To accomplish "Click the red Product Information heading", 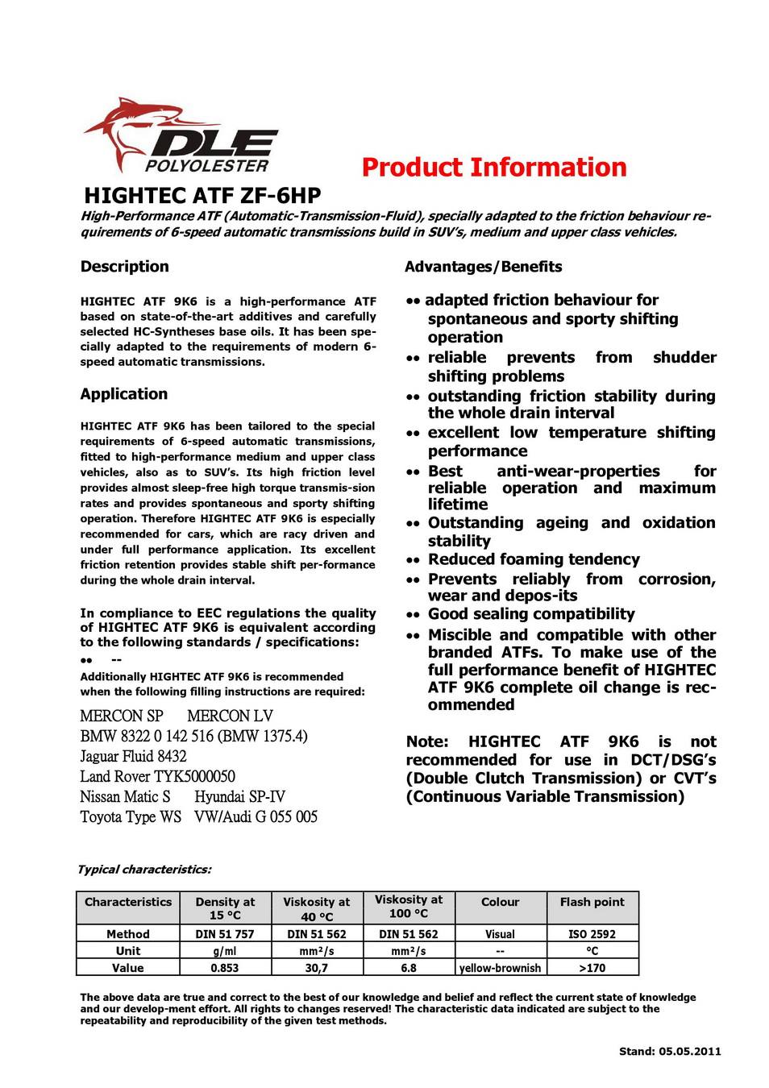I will tap(493, 168).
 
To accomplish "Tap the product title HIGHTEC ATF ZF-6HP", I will tap(202, 196).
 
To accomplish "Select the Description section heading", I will tap(124, 267).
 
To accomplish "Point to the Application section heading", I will tap(123, 394).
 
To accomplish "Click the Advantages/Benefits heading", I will tap(483, 267).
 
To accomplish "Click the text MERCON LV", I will tap(230, 716).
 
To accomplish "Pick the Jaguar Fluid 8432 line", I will tap(133, 756).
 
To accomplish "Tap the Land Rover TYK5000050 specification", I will tap(157, 776).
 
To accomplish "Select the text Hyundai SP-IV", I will tap(239, 796).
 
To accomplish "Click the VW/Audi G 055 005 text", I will tap(256, 816).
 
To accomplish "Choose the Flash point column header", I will tap(592, 902).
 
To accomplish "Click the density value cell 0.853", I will tap(224, 968).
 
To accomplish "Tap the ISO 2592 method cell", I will tap(592, 934).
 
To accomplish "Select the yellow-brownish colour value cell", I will tap(500, 968).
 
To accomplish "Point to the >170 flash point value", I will tap(592, 968).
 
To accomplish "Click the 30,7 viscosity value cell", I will tap(316, 968).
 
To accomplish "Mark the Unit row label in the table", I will tap(127, 951).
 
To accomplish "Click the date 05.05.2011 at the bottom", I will tap(689, 1051).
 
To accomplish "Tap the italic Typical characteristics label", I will tap(143, 870).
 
